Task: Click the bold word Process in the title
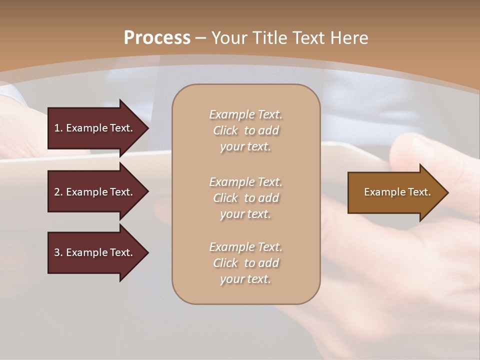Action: tap(157, 38)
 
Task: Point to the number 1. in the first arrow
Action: tap(58, 128)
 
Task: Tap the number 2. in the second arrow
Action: tap(58, 192)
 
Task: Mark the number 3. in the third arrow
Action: tap(58, 252)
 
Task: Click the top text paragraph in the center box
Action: tap(245, 130)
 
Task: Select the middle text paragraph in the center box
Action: tap(245, 198)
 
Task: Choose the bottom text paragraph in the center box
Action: tap(245, 263)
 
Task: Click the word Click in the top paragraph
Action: tap(225, 130)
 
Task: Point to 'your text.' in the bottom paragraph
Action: tap(245, 279)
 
